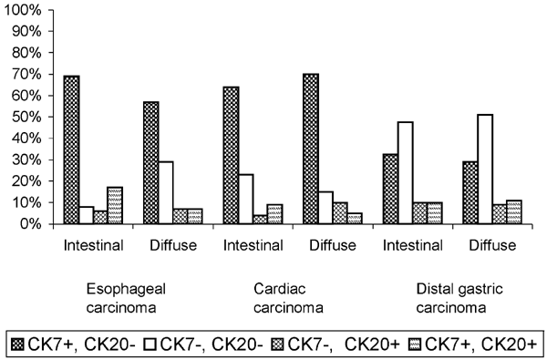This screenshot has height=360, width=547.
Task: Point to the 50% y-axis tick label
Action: tap(23, 118)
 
